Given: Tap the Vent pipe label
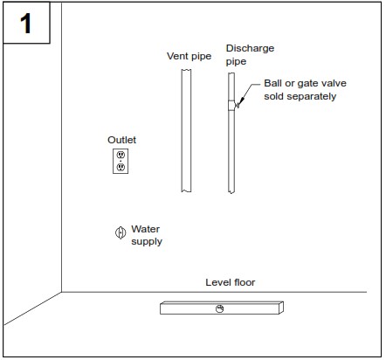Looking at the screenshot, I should (189, 56).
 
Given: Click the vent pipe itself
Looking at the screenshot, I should (186, 131).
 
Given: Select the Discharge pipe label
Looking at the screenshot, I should (241, 55).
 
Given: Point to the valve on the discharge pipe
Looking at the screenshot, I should (232, 105).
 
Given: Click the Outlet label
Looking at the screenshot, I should (121, 140).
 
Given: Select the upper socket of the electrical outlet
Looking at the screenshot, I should (121, 156).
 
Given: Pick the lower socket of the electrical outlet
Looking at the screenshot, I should (121, 166).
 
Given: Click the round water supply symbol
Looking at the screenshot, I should (121, 232).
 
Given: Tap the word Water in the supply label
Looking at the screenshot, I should (146, 229).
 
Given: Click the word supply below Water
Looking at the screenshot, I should (147, 241).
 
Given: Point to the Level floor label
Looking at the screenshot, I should (231, 282).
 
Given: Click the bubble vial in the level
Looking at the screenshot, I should (220, 308).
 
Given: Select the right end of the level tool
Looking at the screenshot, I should (282, 308).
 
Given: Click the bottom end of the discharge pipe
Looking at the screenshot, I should (232, 190).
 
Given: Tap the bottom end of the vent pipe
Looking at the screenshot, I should (186, 190).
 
